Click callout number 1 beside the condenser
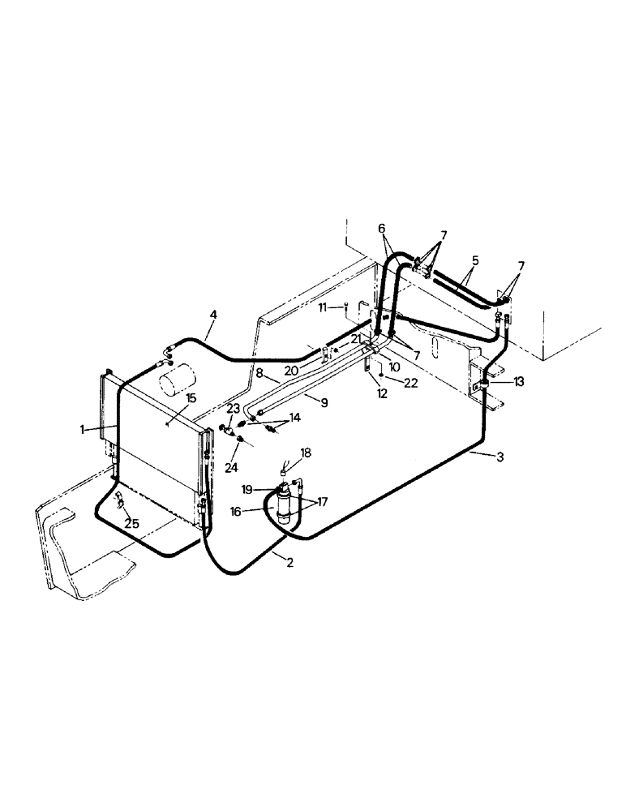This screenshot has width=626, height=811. point(84,430)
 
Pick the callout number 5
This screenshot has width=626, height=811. point(475,261)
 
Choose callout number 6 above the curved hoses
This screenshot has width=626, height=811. point(381,229)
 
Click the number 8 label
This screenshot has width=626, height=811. point(260,375)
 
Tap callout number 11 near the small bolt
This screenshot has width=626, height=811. point(323,308)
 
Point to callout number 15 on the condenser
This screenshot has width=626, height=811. point(191,397)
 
